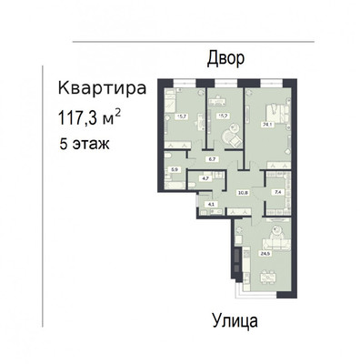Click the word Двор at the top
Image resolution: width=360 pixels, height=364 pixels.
click(226, 58)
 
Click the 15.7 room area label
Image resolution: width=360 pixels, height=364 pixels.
click(181, 116)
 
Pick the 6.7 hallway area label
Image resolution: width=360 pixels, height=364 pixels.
click(212, 158)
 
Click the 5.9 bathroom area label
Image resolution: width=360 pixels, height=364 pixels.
click(176, 169)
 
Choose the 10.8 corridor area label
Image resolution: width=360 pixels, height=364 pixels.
click(243, 192)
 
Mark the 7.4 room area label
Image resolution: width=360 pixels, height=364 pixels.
click(278, 192)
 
